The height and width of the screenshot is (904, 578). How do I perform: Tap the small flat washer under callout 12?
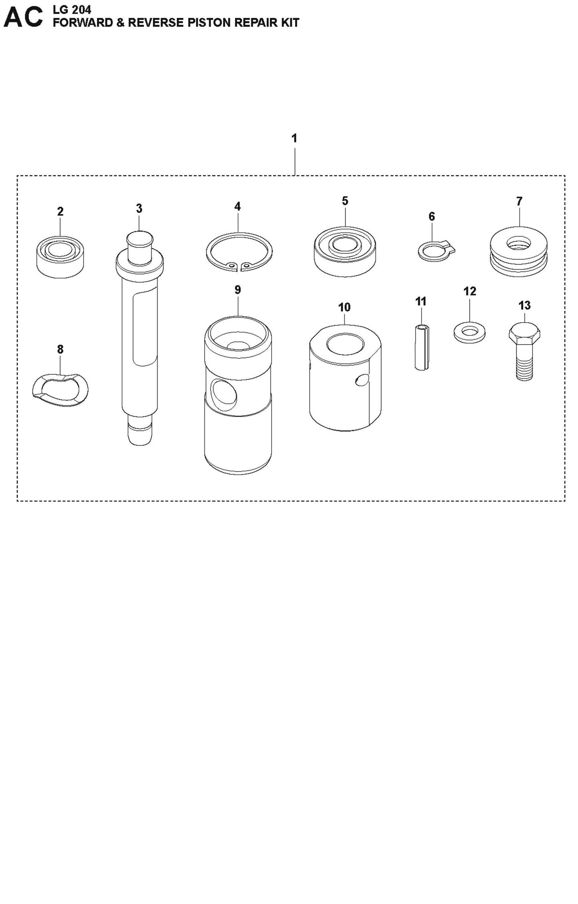pos(470,332)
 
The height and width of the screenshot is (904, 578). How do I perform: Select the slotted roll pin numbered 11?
pos(421,347)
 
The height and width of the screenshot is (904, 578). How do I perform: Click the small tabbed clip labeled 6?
pos(435,252)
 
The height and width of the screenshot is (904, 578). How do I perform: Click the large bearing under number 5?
pos(345,252)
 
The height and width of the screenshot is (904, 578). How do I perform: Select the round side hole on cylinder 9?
pos(224,395)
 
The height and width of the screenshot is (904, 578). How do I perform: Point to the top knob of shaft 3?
pos(140,241)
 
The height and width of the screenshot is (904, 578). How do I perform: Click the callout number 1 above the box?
pos(294,138)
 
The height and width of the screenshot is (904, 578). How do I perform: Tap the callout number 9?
pos(238,290)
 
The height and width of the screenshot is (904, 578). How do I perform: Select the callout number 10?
pos(344,307)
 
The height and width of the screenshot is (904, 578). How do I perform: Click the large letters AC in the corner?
pos(23,18)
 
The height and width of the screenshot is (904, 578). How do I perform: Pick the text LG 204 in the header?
pos(72,9)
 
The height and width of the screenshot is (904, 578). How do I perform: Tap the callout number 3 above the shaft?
pos(139,208)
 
